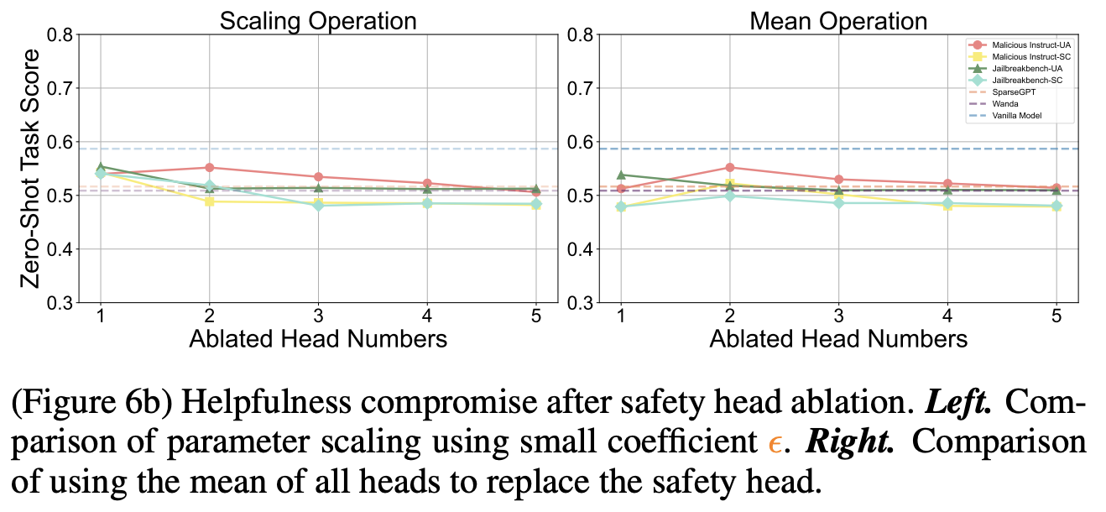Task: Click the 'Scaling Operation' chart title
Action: coord(318,20)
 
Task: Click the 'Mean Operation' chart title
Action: coord(838,20)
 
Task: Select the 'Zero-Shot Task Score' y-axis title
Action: coord(31,168)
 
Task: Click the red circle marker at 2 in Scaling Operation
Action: coord(209,168)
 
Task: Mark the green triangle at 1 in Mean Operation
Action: coord(620,175)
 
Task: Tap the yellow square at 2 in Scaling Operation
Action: coord(209,201)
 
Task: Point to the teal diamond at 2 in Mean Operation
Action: coord(729,196)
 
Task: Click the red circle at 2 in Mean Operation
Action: coord(729,168)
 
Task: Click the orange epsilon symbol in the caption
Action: coord(774,445)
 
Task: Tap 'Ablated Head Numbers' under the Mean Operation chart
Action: coord(838,339)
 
